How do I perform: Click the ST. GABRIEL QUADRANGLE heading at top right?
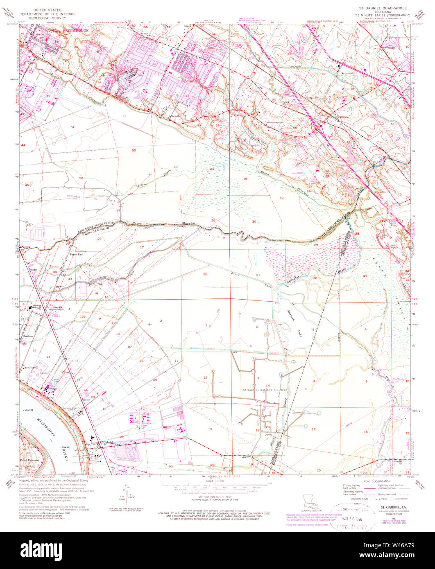[381, 8]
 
